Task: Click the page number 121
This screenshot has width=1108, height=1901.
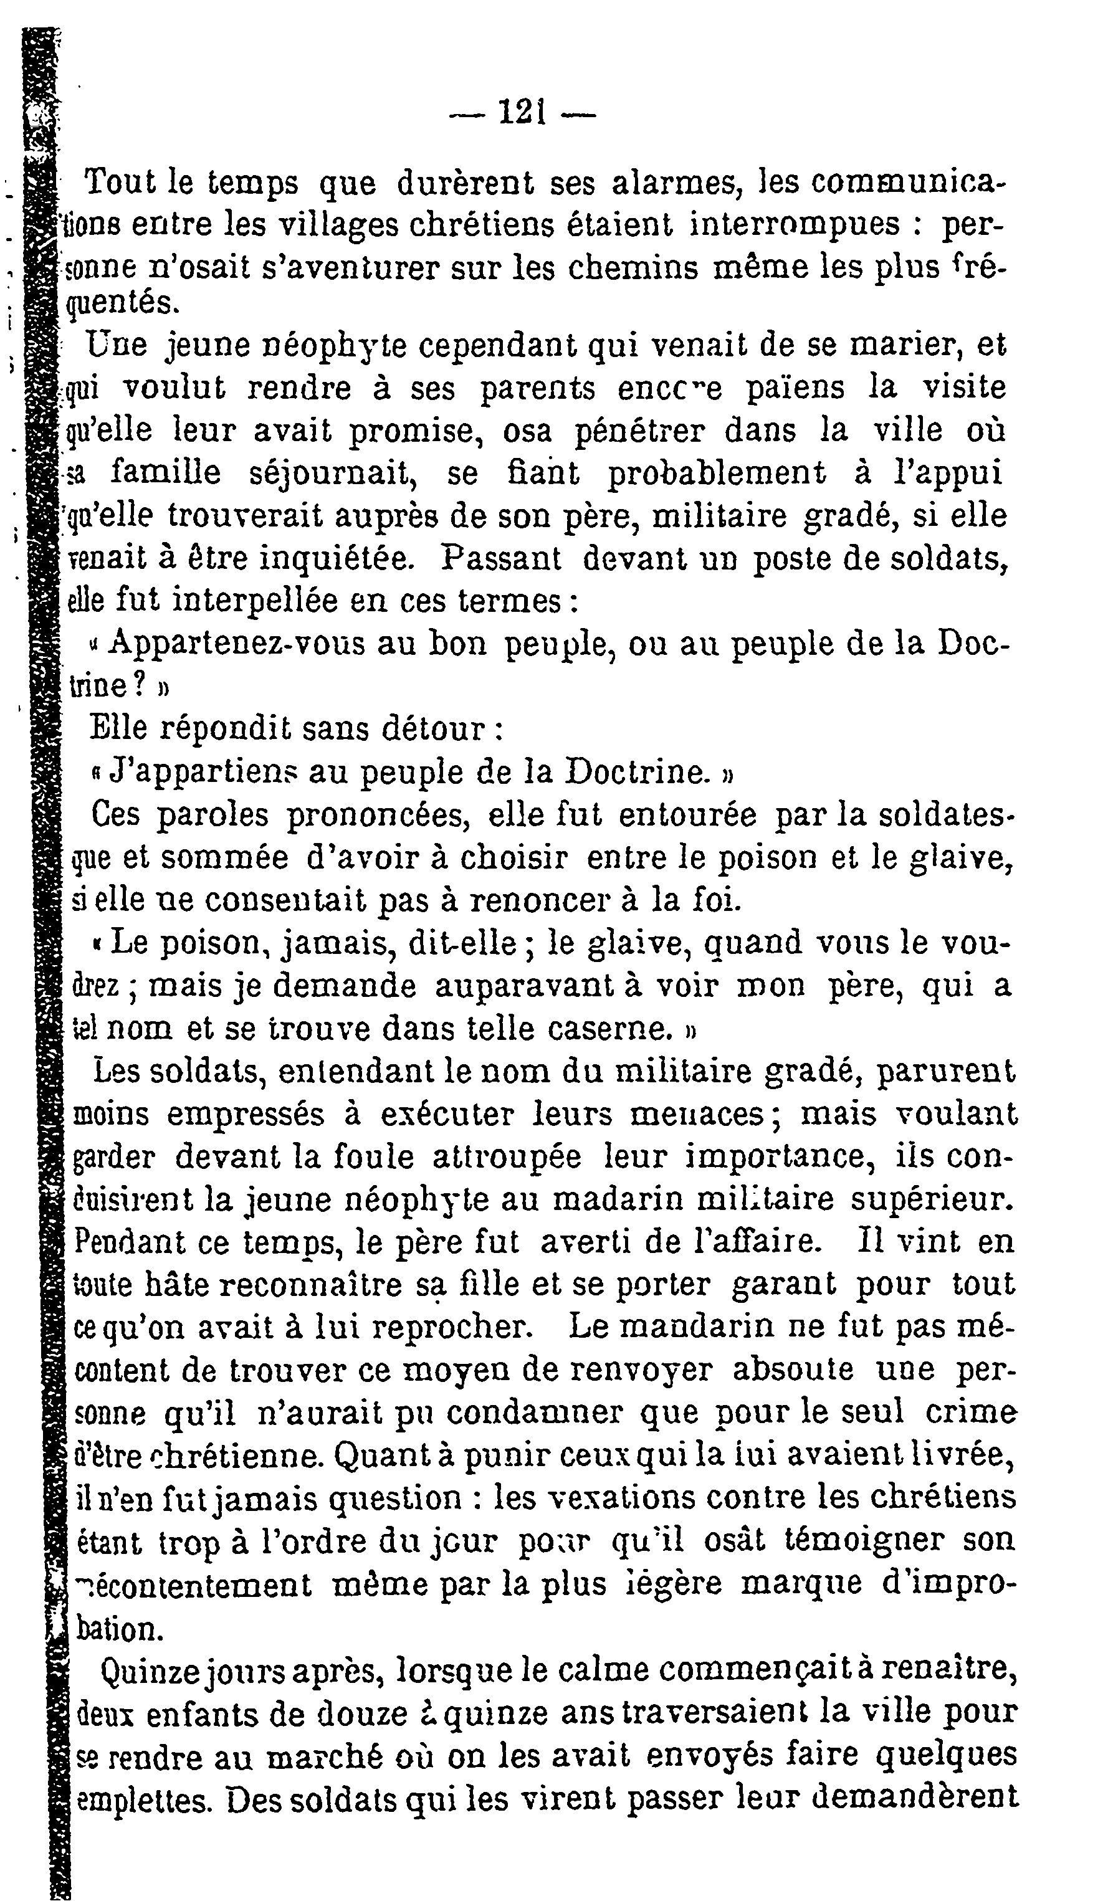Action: [x=522, y=114]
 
